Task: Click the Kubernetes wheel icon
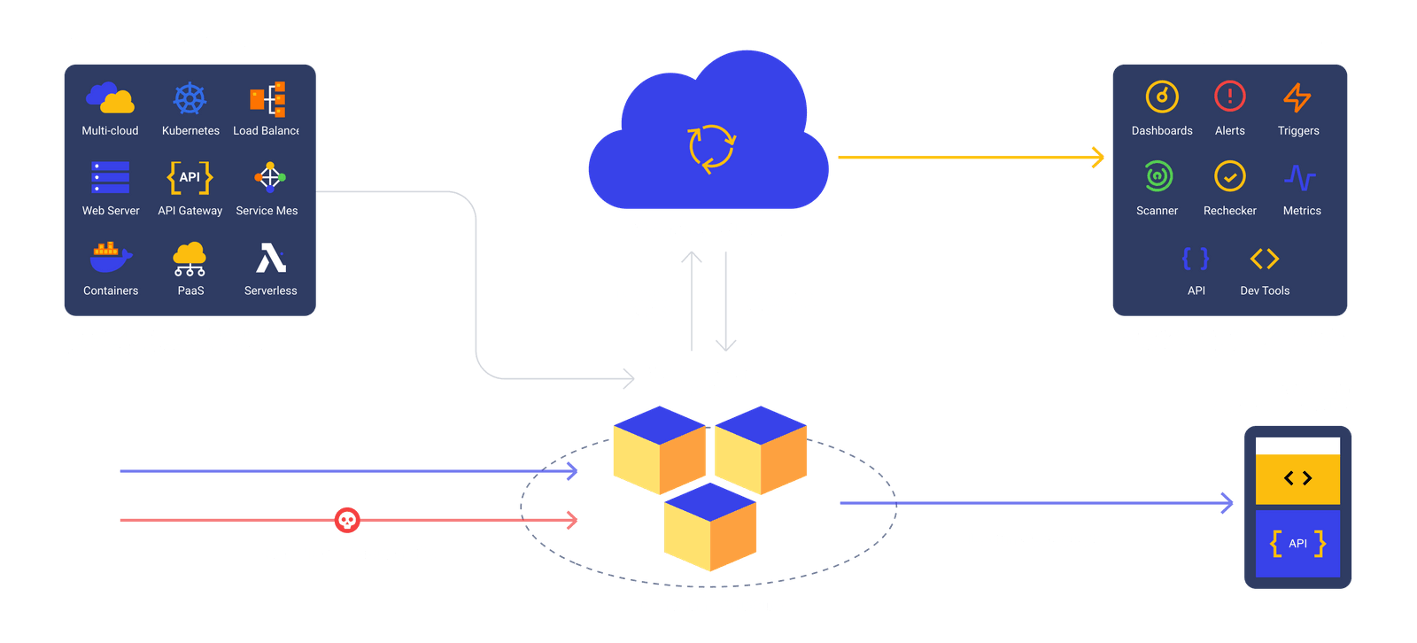[190, 98]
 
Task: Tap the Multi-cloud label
[110, 130]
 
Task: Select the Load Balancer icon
[267, 98]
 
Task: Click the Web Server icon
[110, 177]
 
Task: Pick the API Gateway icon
[190, 177]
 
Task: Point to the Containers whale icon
[111, 257]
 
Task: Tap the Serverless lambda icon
[271, 258]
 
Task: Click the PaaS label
[190, 291]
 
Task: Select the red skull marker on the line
[347, 520]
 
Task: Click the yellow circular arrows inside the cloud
[712, 148]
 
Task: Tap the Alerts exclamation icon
[1230, 97]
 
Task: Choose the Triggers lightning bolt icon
[1297, 97]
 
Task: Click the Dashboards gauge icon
[1162, 97]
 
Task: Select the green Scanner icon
[1158, 176]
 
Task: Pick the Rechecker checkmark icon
[1230, 176]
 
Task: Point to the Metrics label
[1302, 211]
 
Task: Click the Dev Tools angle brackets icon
[1265, 259]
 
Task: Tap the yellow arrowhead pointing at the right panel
[1098, 157]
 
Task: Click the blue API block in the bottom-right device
[1297, 544]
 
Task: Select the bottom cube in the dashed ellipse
[710, 527]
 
